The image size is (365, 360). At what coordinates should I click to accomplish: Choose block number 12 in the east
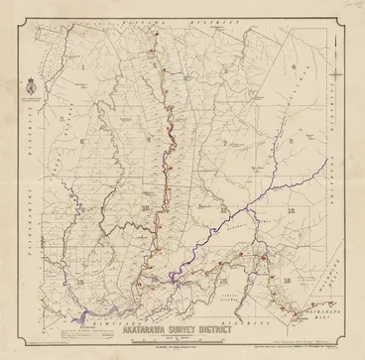(292, 211)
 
